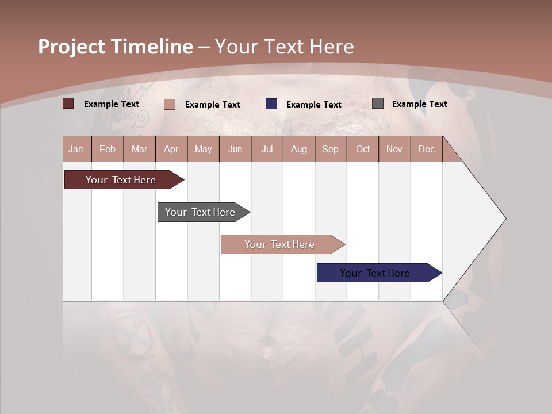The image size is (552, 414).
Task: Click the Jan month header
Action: pos(76,149)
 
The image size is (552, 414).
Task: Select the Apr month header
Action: pos(171,149)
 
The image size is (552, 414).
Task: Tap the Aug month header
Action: pos(298,149)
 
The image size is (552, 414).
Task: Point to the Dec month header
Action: pos(426,149)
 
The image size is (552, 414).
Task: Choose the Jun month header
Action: pos(235,149)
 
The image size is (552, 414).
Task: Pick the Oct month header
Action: pos(362,149)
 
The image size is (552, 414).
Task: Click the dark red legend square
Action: pos(68,103)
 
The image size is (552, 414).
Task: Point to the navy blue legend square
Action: pos(271,104)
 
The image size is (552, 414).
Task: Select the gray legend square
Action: pos(378,103)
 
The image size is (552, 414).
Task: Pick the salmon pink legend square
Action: pos(170,104)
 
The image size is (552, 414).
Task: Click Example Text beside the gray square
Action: pos(419,104)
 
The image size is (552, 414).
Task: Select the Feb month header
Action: pos(108,149)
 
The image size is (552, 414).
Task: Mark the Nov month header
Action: pos(394,149)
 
